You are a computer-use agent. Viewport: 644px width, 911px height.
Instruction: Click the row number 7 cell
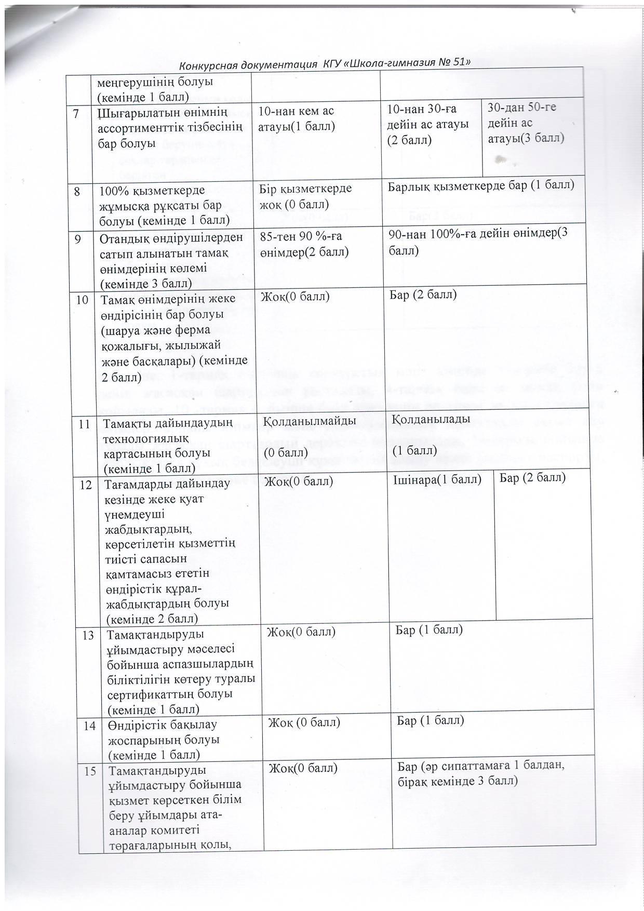pos(77,114)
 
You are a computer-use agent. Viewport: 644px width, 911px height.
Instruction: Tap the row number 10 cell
pos(83,300)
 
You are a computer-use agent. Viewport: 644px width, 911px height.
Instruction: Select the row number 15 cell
pos(90,771)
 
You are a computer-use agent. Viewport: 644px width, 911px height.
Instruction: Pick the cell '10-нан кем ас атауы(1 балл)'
pos(297,118)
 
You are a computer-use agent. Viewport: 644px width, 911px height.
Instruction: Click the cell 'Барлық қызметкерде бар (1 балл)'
pos(481,185)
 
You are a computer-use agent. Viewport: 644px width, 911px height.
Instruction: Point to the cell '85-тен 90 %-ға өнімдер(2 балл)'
pos(304,244)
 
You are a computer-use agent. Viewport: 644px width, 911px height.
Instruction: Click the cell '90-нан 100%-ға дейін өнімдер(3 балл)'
pos(478,242)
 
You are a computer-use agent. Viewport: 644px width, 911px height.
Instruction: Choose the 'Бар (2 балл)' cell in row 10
pos(423,295)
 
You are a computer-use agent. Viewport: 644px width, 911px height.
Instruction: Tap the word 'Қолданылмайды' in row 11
pos(310,421)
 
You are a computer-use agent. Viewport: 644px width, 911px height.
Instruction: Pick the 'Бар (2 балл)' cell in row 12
pos(532,477)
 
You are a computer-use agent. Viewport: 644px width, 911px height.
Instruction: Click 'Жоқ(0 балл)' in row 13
pos(301,632)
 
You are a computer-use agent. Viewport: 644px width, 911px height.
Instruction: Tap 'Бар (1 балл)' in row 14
pos(430,720)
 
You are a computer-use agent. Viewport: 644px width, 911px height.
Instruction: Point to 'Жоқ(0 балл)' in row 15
pos(303,768)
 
